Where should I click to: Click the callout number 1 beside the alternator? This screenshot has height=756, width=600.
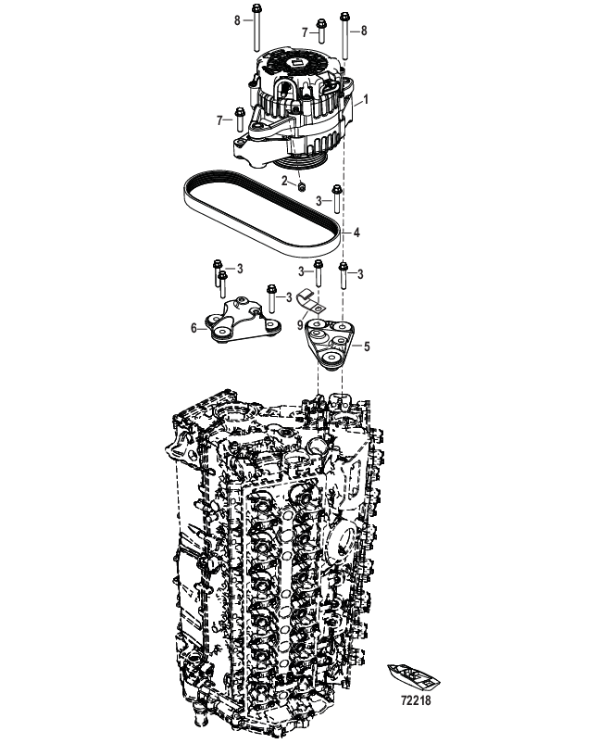tap(366, 99)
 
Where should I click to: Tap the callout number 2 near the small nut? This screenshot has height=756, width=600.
tap(285, 181)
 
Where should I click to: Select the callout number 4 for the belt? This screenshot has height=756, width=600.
tap(356, 233)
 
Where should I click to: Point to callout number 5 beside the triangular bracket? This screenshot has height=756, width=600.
tap(367, 346)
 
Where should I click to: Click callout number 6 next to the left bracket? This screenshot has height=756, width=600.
tap(194, 328)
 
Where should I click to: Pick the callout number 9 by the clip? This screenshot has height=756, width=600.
tap(300, 325)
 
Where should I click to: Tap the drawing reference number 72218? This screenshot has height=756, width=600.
tap(417, 699)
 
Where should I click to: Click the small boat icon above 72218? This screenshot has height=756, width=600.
tap(414, 675)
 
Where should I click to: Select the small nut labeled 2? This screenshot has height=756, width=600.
tap(302, 186)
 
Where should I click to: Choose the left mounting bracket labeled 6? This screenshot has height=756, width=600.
tap(243, 321)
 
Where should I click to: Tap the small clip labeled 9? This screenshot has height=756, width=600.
tap(309, 302)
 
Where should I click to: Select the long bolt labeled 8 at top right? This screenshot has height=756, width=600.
tap(345, 35)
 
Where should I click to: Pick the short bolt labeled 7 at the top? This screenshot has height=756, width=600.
tap(321, 31)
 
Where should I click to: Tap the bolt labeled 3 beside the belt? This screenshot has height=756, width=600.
tap(337, 199)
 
